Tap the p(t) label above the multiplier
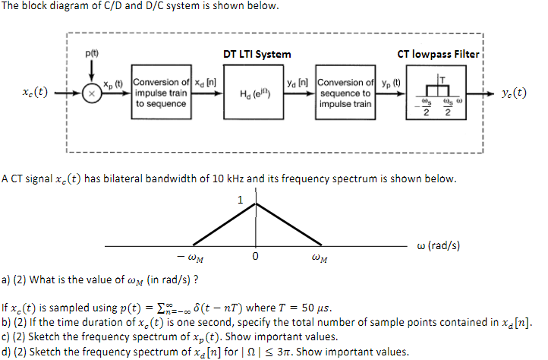92,53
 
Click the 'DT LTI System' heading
257,54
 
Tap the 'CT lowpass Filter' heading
438,54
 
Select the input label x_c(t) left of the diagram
35,92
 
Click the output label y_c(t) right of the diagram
514,93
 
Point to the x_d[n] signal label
205,83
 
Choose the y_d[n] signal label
298,83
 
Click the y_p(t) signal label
391,84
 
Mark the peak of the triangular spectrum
256,204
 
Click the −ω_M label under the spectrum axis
190,257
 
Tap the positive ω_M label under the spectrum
320,257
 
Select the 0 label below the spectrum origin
256,257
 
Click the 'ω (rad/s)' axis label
438,245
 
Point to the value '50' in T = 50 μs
308,308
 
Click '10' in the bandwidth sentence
218,178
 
